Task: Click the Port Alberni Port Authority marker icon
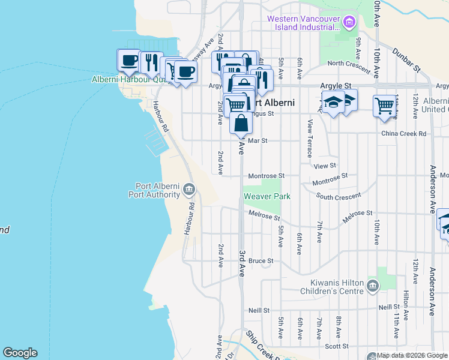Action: click(188, 190)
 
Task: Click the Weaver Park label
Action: click(267, 196)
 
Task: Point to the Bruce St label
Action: click(261, 261)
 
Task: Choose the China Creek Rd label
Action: click(403, 133)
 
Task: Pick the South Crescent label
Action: click(339, 196)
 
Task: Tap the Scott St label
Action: click(337, 346)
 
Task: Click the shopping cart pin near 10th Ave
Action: click(384, 106)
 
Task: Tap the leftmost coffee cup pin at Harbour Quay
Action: click(128, 60)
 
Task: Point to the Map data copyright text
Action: click(408, 356)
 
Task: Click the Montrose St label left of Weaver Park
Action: click(266, 175)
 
